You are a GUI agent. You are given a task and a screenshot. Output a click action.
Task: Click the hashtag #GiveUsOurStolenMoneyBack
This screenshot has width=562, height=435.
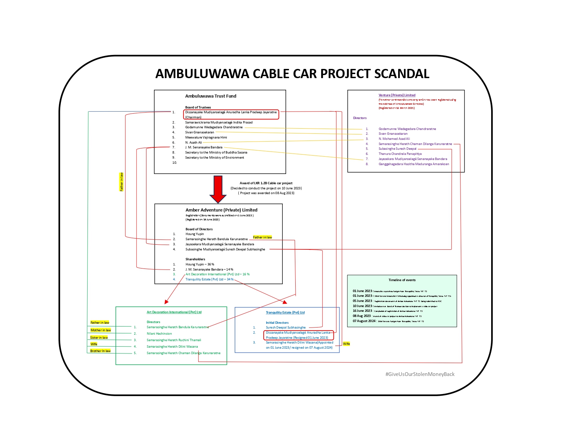[x=420, y=374]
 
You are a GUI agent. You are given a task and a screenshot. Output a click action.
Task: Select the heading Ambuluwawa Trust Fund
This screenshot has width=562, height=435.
[x=210, y=96]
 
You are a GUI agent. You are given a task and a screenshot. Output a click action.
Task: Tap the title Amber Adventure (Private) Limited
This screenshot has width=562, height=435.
[x=221, y=210]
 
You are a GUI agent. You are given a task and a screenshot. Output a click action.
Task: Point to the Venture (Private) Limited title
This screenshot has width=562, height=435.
[x=397, y=95]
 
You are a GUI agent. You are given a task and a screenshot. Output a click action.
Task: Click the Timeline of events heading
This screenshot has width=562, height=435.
[x=402, y=280]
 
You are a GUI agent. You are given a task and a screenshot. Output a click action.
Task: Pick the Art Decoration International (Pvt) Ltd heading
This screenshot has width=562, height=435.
[x=174, y=312]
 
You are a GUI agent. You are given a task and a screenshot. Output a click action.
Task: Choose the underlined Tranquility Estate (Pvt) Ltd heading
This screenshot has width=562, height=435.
[x=285, y=313]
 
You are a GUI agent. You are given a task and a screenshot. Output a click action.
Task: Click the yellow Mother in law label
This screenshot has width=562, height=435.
[x=101, y=330]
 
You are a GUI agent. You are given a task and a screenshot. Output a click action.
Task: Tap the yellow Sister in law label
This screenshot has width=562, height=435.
[x=99, y=338]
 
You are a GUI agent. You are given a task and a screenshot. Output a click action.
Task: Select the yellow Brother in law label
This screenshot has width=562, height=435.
[x=100, y=351]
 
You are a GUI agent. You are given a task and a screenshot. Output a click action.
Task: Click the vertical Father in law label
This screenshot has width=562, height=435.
[x=121, y=182]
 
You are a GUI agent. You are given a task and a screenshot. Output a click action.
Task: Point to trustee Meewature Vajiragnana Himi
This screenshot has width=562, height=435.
[x=206, y=137]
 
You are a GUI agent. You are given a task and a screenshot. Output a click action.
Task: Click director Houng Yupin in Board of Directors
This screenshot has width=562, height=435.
[x=194, y=234]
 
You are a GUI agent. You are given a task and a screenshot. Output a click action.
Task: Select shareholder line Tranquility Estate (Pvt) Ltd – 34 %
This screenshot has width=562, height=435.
[x=209, y=279]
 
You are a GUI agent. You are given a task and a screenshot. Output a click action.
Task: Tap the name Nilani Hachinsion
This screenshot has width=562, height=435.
[x=159, y=334]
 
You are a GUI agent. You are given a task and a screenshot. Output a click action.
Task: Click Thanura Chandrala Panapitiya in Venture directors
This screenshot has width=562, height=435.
[x=400, y=154]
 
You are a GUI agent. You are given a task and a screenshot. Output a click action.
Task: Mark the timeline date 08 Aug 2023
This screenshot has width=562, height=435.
[x=362, y=316]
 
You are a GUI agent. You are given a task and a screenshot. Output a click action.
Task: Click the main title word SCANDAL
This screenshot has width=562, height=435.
[x=402, y=74]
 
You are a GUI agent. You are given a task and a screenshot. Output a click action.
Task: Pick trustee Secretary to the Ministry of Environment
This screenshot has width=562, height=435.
[x=215, y=158]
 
